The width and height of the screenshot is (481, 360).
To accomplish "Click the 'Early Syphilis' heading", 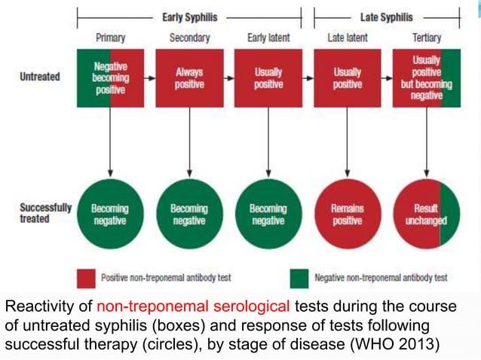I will [x=188, y=16].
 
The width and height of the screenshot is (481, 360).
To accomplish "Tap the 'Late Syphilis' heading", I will [x=386, y=16].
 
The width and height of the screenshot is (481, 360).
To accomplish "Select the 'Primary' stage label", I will [x=110, y=38].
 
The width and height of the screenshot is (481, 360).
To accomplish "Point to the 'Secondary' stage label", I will [x=189, y=38].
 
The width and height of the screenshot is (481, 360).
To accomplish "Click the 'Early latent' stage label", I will [x=268, y=38].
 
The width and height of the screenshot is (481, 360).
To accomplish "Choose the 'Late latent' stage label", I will [x=347, y=38].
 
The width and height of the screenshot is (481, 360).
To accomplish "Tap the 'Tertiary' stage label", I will [x=427, y=38].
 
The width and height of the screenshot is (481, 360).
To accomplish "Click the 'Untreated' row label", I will [x=40, y=77].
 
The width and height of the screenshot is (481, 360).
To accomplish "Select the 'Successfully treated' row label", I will [x=45, y=213].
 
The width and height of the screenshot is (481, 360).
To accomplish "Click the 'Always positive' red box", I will [x=189, y=78].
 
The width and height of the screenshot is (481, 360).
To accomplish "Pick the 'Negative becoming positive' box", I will [x=110, y=78].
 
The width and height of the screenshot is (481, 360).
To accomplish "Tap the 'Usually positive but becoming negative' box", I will [x=427, y=78].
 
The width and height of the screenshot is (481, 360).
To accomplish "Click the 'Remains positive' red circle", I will [x=347, y=214].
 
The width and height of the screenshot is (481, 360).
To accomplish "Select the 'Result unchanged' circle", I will [x=427, y=214].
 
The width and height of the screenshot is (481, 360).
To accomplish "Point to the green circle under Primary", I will [x=110, y=214].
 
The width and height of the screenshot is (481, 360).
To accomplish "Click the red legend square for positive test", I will [x=87, y=278].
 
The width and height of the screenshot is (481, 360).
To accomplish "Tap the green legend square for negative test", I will [x=299, y=278].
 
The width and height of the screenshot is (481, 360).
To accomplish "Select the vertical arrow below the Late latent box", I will [x=347, y=139].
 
